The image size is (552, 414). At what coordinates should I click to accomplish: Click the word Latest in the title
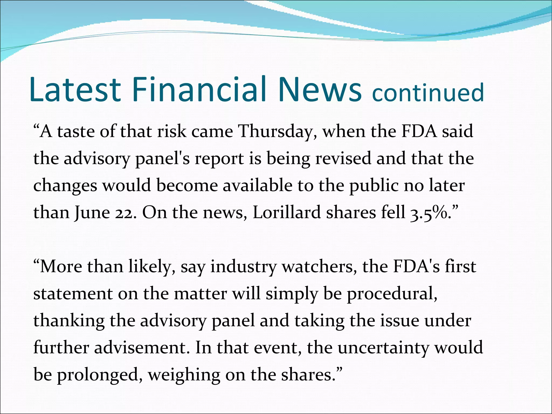75,89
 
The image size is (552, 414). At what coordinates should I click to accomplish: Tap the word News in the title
320,89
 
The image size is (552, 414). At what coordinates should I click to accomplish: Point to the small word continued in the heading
428,92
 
